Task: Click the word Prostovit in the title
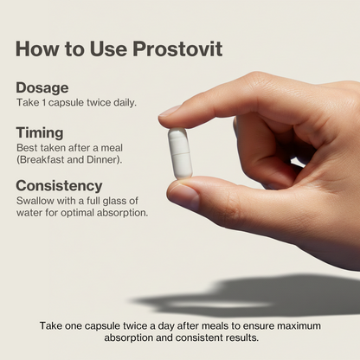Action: click(177, 48)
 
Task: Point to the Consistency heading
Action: click(59, 185)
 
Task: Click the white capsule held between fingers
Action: click(180, 152)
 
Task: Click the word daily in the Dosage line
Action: click(121, 103)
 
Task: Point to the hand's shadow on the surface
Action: click(260, 296)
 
